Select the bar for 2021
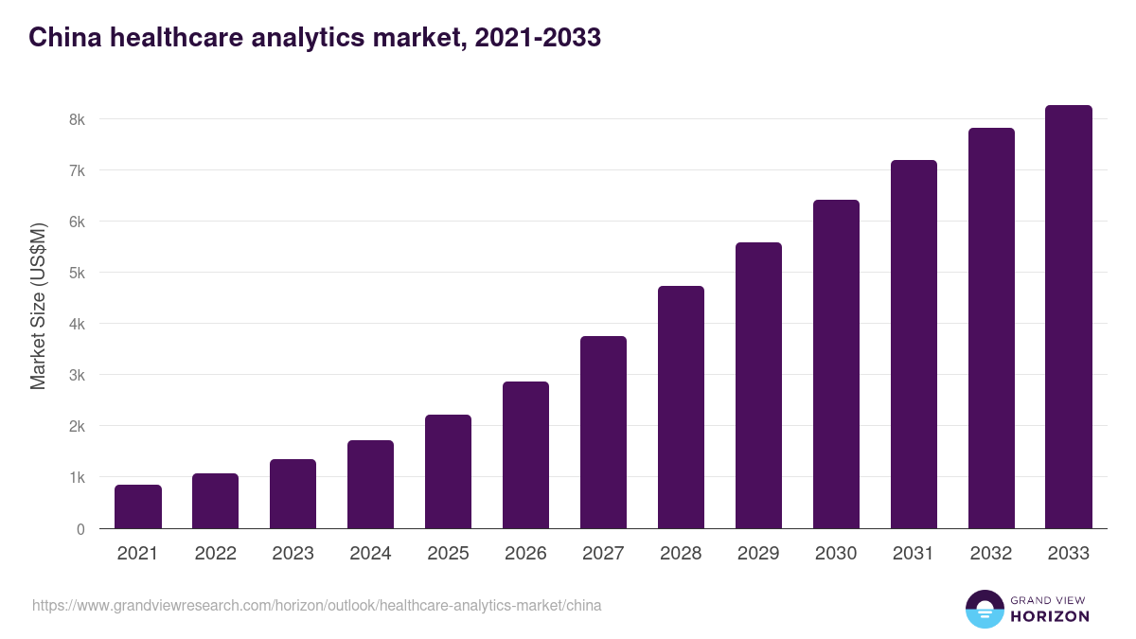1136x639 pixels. click(138, 506)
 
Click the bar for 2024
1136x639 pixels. click(370, 484)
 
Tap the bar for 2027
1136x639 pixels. click(603, 432)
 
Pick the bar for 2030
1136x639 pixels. click(836, 364)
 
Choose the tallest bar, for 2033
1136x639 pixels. click(1069, 316)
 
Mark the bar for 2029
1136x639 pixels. click(758, 385)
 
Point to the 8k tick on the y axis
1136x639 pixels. click(77, 120)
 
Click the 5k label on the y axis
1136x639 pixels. click(77, 274)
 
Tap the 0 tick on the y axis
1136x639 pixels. click(80, 529)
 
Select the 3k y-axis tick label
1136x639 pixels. click(77, 376)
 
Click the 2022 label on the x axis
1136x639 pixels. click(215, 554)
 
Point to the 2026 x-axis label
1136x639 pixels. click(525, 554)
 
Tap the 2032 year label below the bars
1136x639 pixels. click(991, 554)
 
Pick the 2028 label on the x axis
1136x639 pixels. click(681, 554)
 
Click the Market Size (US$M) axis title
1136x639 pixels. click(38, 307)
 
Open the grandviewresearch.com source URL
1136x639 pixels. click(316, 605)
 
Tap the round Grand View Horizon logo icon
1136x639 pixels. click(985, 609)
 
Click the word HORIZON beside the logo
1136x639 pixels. click(1050, 616)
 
